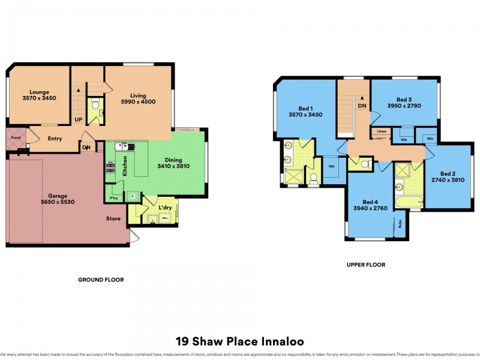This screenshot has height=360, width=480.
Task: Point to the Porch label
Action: point(15,138)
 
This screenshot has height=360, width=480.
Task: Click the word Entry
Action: point(55,139)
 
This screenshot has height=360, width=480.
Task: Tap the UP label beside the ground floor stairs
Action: point(78,119)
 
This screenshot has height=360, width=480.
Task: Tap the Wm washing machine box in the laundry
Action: point(164,218)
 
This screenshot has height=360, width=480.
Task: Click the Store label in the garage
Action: point(113,218)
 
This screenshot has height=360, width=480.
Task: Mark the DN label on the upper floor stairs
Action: point(361,106)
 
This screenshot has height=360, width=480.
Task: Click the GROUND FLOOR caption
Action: point(101,280)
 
